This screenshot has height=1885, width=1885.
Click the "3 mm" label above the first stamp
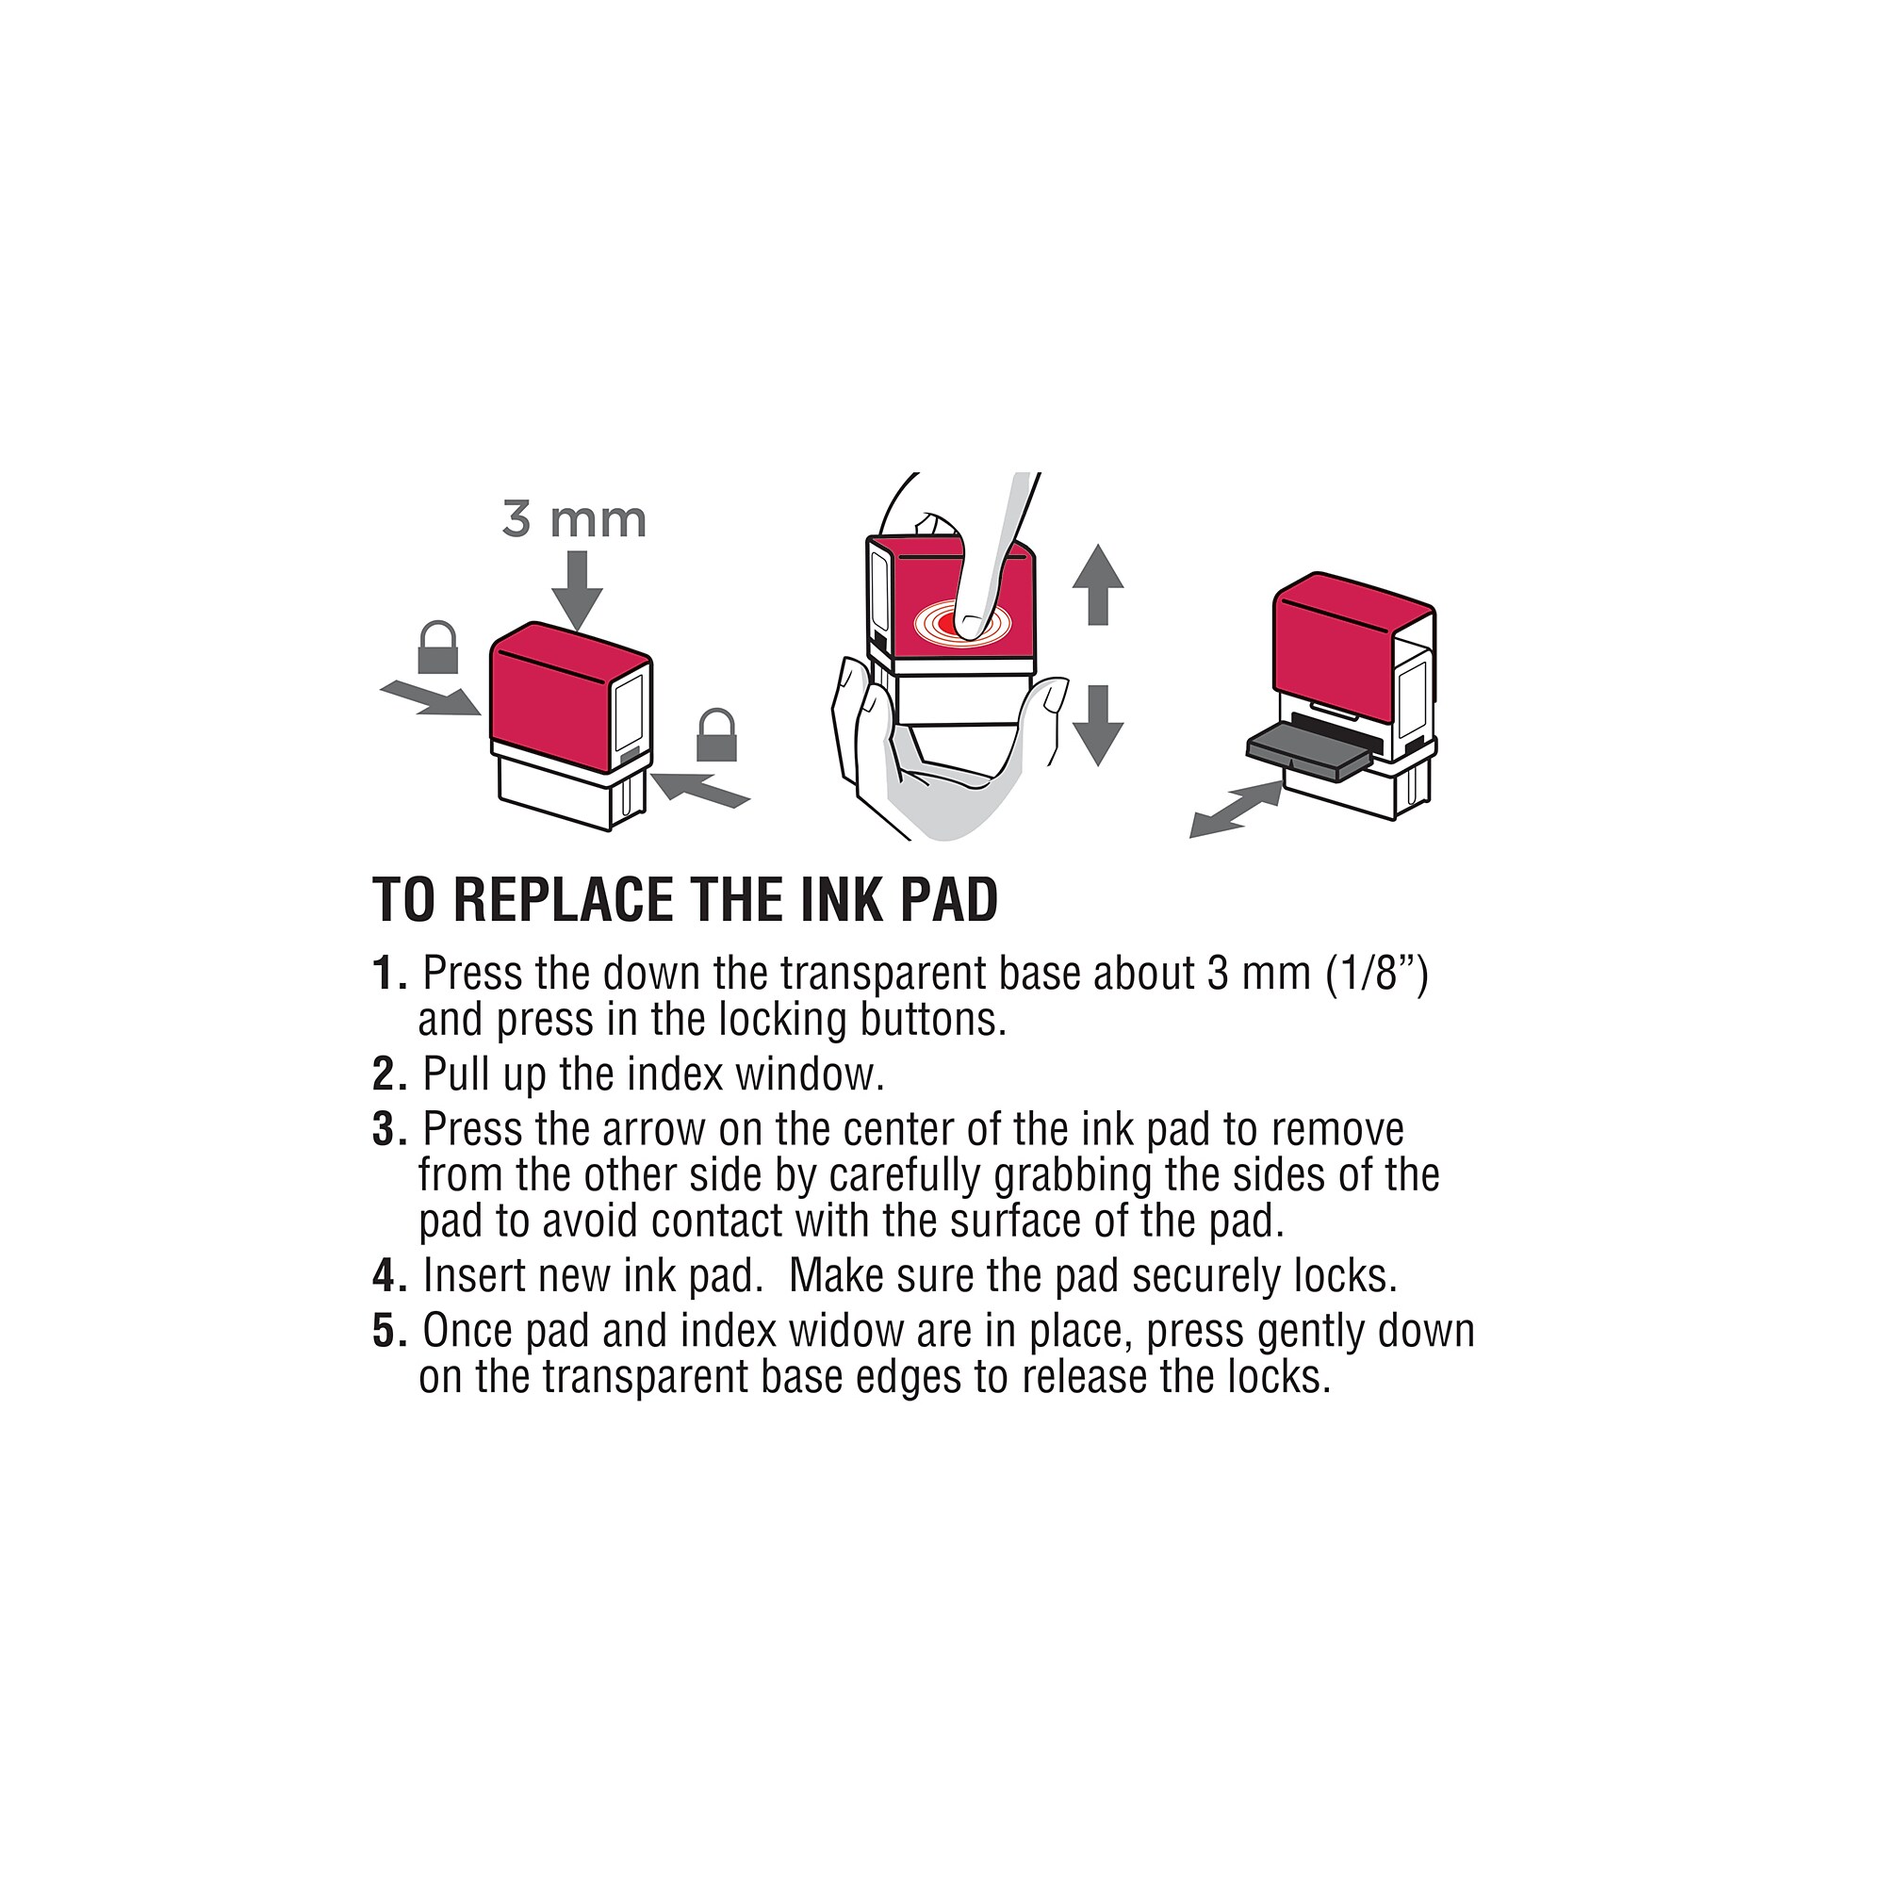coord(575,519)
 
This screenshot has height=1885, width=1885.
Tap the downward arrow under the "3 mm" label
coord(577,591)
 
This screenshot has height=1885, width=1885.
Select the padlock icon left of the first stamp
coord(438,647)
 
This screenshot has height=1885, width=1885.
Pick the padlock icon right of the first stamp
coord(716,735)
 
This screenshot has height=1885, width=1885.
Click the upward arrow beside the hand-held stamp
coord(1098,584)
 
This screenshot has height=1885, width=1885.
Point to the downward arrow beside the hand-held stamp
coord(1098,725)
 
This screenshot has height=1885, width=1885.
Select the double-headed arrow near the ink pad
coord(1236,810)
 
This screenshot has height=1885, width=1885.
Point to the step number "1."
coord(389,973)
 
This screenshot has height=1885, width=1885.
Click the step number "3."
coord(389,1129)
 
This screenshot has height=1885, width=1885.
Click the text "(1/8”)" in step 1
coord(1377,974)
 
